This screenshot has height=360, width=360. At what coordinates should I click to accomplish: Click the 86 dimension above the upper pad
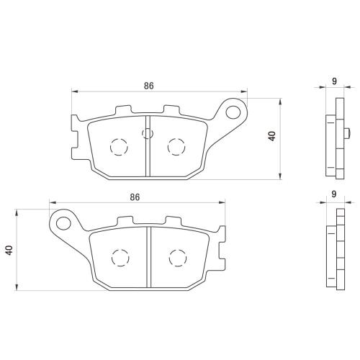pos(148,86)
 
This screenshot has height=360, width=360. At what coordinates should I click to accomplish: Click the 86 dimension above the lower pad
pos(135,197)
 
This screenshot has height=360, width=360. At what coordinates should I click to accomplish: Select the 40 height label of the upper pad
pos(272,136)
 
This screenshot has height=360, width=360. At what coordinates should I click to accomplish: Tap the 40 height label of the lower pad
pos(9,251)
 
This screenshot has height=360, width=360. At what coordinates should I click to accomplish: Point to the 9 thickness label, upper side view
pos(334,81)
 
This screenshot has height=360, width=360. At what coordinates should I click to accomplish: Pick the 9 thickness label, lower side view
pos(334,194)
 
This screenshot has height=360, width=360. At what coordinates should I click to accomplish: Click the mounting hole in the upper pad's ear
pos(233,112)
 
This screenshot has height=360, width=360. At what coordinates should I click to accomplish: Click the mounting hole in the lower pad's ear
pos(63,223)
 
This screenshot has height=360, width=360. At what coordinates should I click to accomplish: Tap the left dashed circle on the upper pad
pos(119,147)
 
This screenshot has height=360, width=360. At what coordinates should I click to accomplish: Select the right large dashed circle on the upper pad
pos(176,147)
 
